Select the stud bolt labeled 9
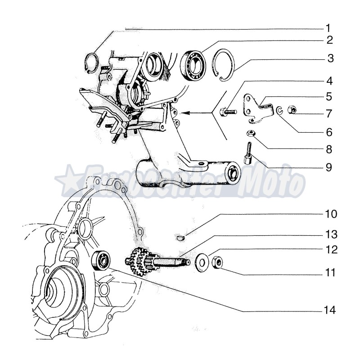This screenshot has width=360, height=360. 248,153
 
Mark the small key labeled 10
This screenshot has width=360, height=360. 180,234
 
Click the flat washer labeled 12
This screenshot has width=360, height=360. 201,261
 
